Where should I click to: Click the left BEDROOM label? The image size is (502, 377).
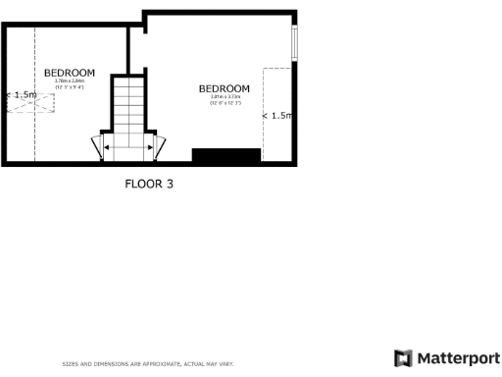[x=69, y=73]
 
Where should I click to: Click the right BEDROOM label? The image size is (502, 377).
[x=224, y=88]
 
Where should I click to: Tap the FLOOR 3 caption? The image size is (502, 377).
[x=148, y=183]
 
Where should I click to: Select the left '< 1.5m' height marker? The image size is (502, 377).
[x=22, y=95]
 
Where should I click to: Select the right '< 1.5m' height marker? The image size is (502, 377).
[x=278, y=116]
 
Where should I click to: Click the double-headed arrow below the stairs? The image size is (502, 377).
[x=126, y=147]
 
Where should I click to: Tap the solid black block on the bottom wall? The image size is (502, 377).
[x=226, y=155]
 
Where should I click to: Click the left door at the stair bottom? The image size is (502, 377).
[x=97, y=147]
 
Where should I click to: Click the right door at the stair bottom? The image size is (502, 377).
[x=157, y=147]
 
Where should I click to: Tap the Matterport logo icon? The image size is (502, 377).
[x=402, y=357]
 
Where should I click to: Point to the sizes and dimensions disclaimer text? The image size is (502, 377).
[x=147, y=363]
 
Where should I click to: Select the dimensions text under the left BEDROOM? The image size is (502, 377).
[x=69, y=84]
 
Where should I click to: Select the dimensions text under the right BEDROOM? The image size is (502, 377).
[x=224, y=100]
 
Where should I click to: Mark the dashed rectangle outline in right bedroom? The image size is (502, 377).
[x=277, y=107]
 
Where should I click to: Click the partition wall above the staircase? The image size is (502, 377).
[x=129, y=49]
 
